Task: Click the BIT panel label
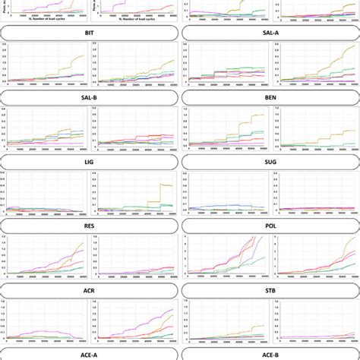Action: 90,33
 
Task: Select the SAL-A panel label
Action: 270,33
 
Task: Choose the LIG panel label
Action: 90,162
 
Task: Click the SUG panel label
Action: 270,162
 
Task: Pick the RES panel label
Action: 90,226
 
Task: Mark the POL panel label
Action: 270,226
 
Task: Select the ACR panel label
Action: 90,289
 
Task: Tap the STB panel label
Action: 270,289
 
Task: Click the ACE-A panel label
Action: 90,353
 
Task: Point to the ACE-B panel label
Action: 270,353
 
